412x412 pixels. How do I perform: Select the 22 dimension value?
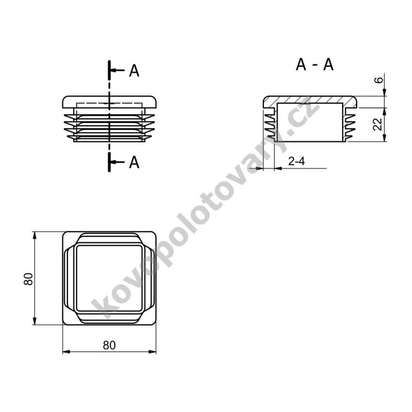coord(379,124)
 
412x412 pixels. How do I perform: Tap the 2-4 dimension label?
coord(296,162)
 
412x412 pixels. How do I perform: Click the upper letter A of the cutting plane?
coord(134,71)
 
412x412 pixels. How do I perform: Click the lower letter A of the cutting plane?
coord(134,162)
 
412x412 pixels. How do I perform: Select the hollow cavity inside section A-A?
coord(310,122)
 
